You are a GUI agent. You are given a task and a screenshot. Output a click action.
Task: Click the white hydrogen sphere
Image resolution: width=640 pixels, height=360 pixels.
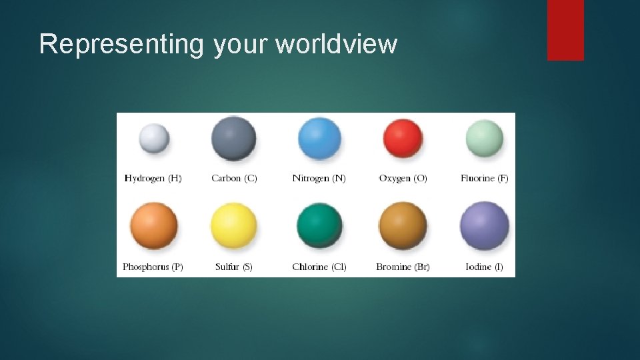click(153, 139)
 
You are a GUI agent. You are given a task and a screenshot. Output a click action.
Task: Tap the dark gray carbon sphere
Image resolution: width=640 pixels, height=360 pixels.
click(234, 137)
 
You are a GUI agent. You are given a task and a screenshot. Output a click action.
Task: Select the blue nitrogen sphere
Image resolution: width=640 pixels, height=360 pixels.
click(319, 138)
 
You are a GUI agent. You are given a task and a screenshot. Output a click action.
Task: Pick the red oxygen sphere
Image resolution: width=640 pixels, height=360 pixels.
click(403, 138)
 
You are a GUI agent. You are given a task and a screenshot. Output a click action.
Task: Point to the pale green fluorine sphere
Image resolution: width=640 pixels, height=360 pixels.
click(485, 138)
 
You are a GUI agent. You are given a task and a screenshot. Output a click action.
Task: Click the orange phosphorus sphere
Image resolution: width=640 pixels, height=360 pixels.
click(153, 226)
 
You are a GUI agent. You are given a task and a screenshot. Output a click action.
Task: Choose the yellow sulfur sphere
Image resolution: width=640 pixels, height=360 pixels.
click(234, 226)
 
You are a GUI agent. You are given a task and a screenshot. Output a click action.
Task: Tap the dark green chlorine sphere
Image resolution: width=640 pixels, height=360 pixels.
click(319, 225)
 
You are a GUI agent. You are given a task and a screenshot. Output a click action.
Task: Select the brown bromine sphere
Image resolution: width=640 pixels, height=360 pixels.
click(403, 226)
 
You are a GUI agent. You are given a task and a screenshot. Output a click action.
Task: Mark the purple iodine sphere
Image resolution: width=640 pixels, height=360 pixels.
click(485, 226)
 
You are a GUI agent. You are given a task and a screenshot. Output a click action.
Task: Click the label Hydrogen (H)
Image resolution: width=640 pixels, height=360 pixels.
click(153, 178)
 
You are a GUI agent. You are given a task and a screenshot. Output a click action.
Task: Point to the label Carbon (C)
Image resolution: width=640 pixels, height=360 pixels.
click(234, 178)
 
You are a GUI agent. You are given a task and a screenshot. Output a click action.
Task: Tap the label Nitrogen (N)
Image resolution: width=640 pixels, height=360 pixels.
click(319, 178)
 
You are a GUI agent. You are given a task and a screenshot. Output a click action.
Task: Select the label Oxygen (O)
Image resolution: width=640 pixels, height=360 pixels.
click(403, 178)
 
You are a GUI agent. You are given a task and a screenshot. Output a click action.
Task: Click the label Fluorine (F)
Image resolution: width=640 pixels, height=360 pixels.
click(485, 178)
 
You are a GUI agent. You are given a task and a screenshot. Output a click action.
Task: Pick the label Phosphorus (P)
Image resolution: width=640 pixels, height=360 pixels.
click(153, 267)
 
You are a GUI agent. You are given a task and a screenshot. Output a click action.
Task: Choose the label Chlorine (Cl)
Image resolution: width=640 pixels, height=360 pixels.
click(319, 267)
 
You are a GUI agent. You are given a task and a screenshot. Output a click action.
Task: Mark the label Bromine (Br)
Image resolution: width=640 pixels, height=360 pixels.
click(403, 267)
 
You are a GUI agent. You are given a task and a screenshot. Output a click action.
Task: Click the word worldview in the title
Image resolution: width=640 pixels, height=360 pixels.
click(336, 44)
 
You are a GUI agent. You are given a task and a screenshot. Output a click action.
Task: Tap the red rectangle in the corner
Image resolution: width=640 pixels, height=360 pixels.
click(565, 30)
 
